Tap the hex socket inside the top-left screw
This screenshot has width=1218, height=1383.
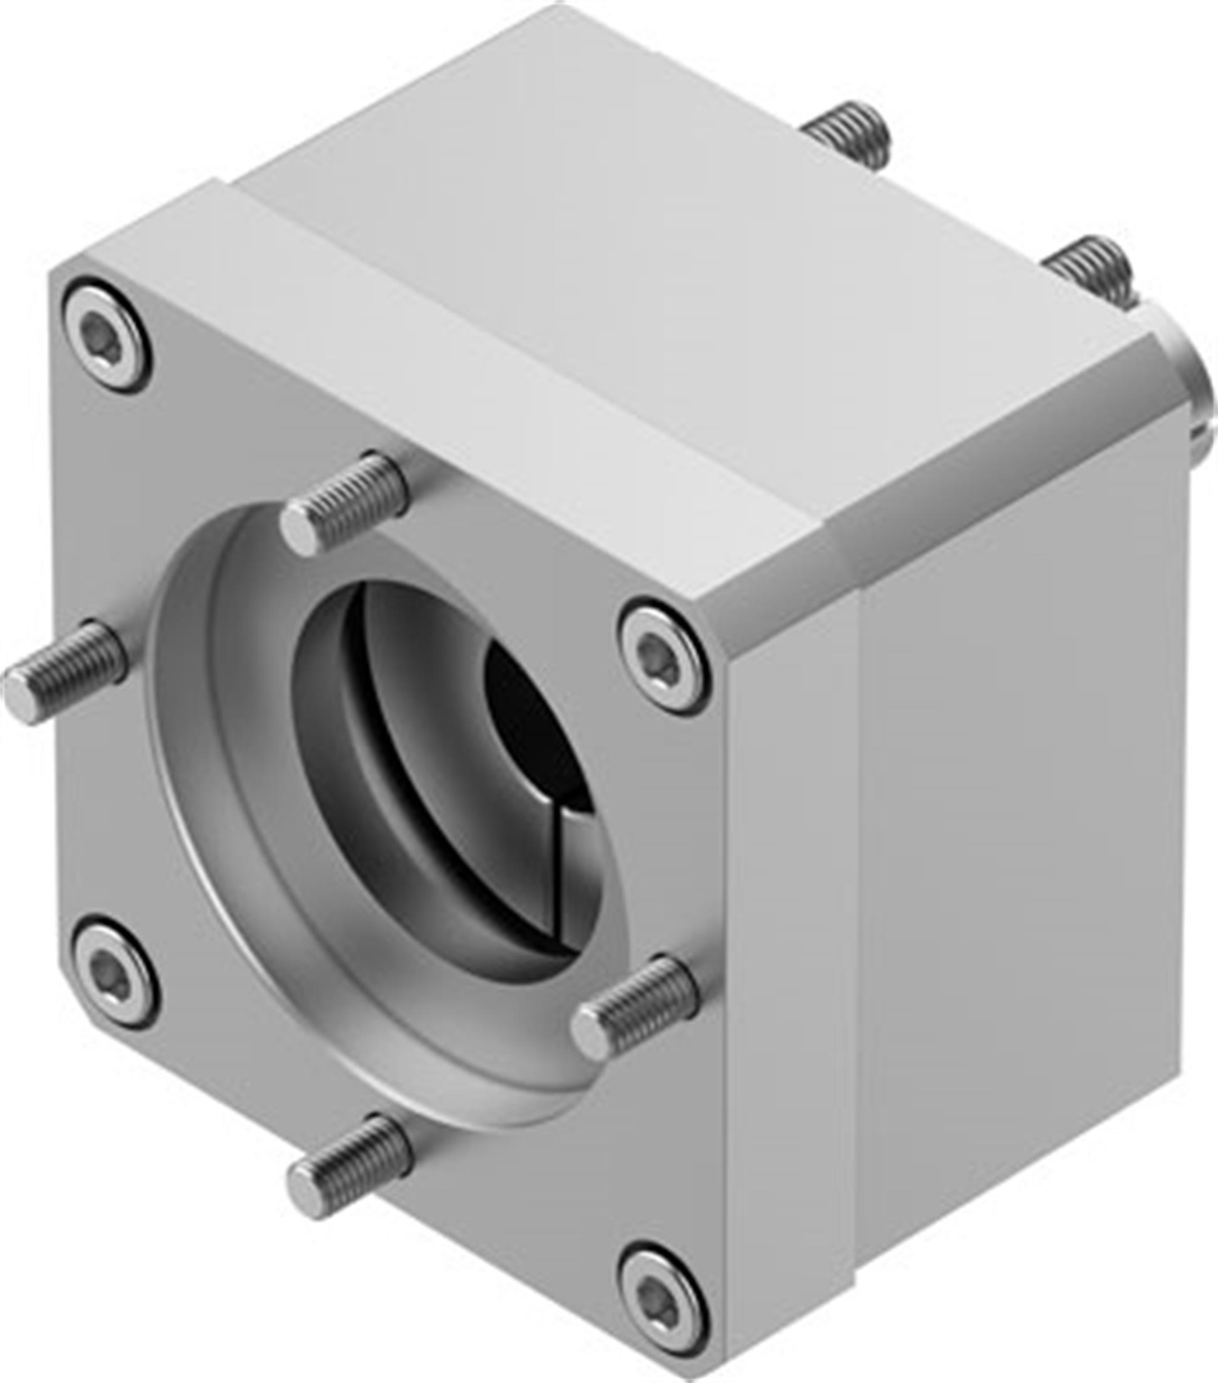(x=105, y=336)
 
